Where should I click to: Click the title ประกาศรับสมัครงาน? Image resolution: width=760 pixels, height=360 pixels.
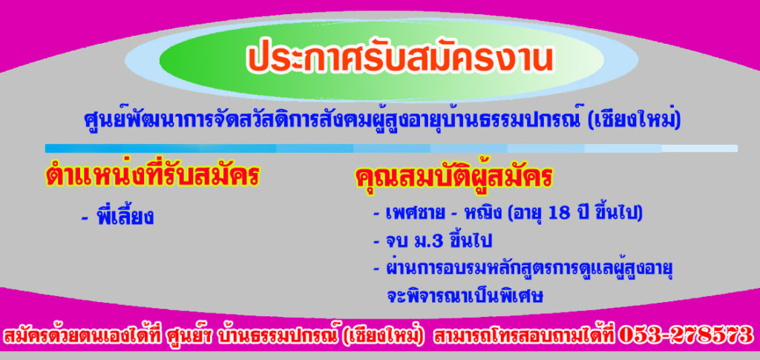click(400, 59)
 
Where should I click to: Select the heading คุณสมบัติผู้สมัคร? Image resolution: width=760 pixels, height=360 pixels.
click(454, 176)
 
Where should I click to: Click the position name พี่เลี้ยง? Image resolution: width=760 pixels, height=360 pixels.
click(125, 215)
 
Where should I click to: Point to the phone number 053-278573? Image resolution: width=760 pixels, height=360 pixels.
click(685, 335)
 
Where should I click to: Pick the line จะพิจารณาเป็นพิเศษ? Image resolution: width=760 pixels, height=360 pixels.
click(465, 295)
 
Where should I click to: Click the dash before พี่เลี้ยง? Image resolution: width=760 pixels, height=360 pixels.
click(85, 218)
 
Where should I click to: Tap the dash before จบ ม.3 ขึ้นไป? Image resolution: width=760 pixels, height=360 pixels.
click(376, 242)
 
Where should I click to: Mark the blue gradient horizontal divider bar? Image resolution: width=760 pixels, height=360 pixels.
click(392, 148)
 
